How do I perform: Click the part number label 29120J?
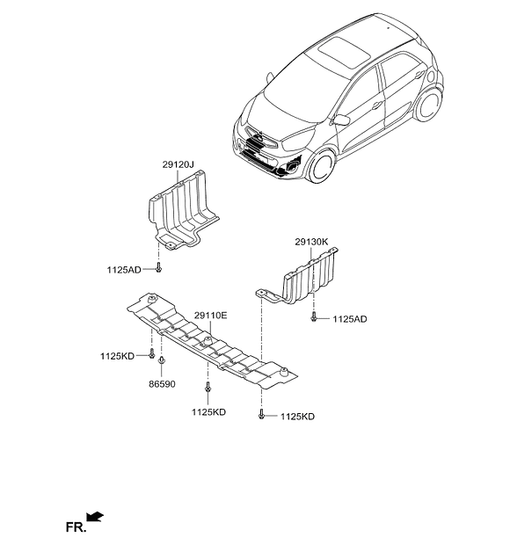tap(178, 164)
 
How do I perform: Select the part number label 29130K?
tap(311, 242)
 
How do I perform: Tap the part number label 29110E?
tap(211, 316)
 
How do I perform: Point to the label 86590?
tap(162, 384)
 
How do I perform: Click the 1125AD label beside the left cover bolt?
tap(124, 270)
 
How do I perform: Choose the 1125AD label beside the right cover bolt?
tap(350, 319)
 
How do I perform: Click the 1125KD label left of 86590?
tap(117, 356)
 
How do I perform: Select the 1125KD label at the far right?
tap(297, 417)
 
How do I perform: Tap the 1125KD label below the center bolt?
tap(208, 412)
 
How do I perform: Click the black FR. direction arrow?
tap(95, 517)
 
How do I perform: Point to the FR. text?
tap(76, 527)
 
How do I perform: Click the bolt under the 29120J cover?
tap(158, 267)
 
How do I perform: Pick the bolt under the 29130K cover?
tap(314, 316)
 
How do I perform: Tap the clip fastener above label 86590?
tap(161, 360)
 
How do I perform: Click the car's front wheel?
tap(321, 166)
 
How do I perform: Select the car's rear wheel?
tap(429, 104)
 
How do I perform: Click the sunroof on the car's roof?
tap(344, 53)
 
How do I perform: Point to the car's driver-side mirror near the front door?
tap(341, 120)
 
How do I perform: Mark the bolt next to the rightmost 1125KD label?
tap(261, 414)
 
